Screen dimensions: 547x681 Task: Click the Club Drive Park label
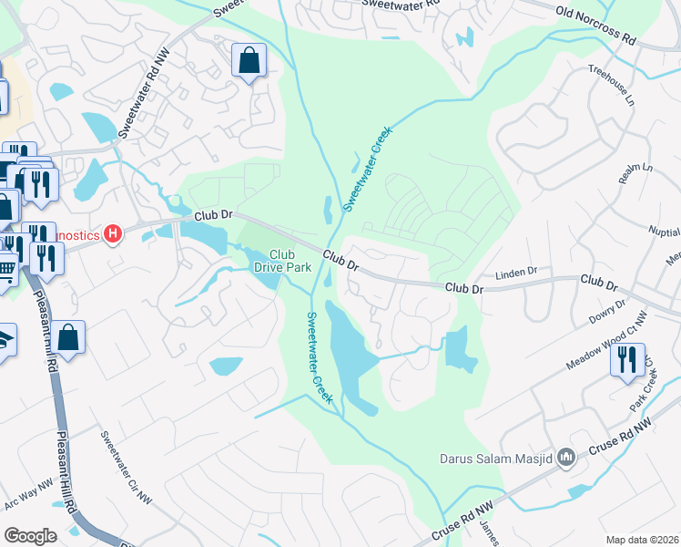click(x=290, y=261)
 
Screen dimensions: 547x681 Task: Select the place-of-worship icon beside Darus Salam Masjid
click(x=566, y=456)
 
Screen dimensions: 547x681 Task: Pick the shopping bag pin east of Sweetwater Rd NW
click(x=249, y=62)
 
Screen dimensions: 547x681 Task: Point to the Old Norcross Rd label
click(x=596, y=26)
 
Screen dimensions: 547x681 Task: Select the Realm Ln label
click(x=636, y=174)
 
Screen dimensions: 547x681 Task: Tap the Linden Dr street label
click(x=516, y=273)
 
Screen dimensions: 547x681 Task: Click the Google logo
click(x=30, y=535)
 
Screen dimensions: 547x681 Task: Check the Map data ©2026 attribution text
click(x=641, y=540)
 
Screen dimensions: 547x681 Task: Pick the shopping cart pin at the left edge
click(x=6, y=268)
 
